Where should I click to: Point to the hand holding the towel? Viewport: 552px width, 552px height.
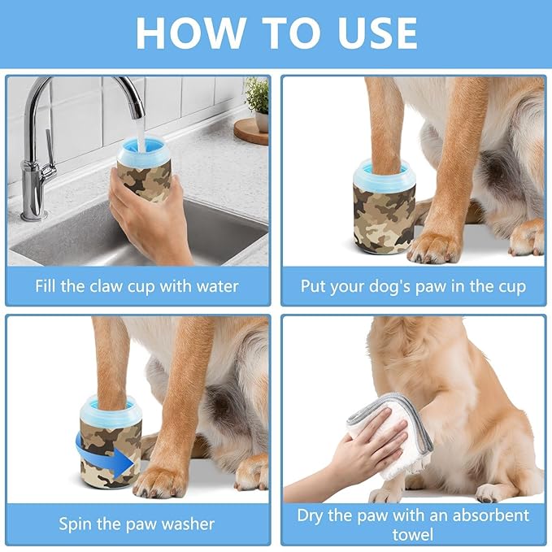[370, 459]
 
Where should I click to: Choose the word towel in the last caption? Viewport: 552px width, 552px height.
[413, 535]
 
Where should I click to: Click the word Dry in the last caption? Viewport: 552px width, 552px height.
[315, 515]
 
